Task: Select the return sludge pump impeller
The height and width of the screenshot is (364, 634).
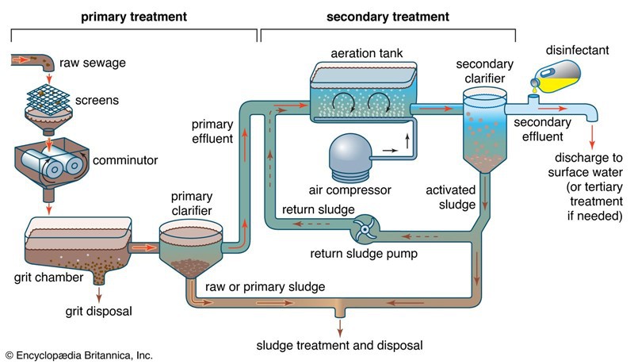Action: [365, 229]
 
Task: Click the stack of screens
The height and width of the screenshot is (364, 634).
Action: [48, 98]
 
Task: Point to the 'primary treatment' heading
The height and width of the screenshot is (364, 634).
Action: [134, 17]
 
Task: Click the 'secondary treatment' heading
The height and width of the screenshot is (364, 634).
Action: [388, 17]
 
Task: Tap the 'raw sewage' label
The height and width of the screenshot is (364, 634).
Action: [93, 63]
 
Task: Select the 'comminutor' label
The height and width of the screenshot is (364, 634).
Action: [125, 160]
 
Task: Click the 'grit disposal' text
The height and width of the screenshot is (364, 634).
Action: [98, 311]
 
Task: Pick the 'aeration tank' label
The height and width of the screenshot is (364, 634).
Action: [367, 53]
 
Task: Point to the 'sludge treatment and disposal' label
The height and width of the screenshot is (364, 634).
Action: [340, 346]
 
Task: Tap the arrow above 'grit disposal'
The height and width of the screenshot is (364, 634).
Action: [99, 294]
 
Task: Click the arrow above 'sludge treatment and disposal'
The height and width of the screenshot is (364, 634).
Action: [340, 328]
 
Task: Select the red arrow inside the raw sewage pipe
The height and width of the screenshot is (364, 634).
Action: [21, 60]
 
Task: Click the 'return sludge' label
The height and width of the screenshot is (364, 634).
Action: [319, 209]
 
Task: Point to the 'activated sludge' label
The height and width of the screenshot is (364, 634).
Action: [451, 197]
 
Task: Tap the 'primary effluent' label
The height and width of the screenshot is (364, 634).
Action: [212, 131]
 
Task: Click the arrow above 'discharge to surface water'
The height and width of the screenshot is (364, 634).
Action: [592, 136]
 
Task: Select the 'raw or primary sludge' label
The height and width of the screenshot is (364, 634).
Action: [265, 287]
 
